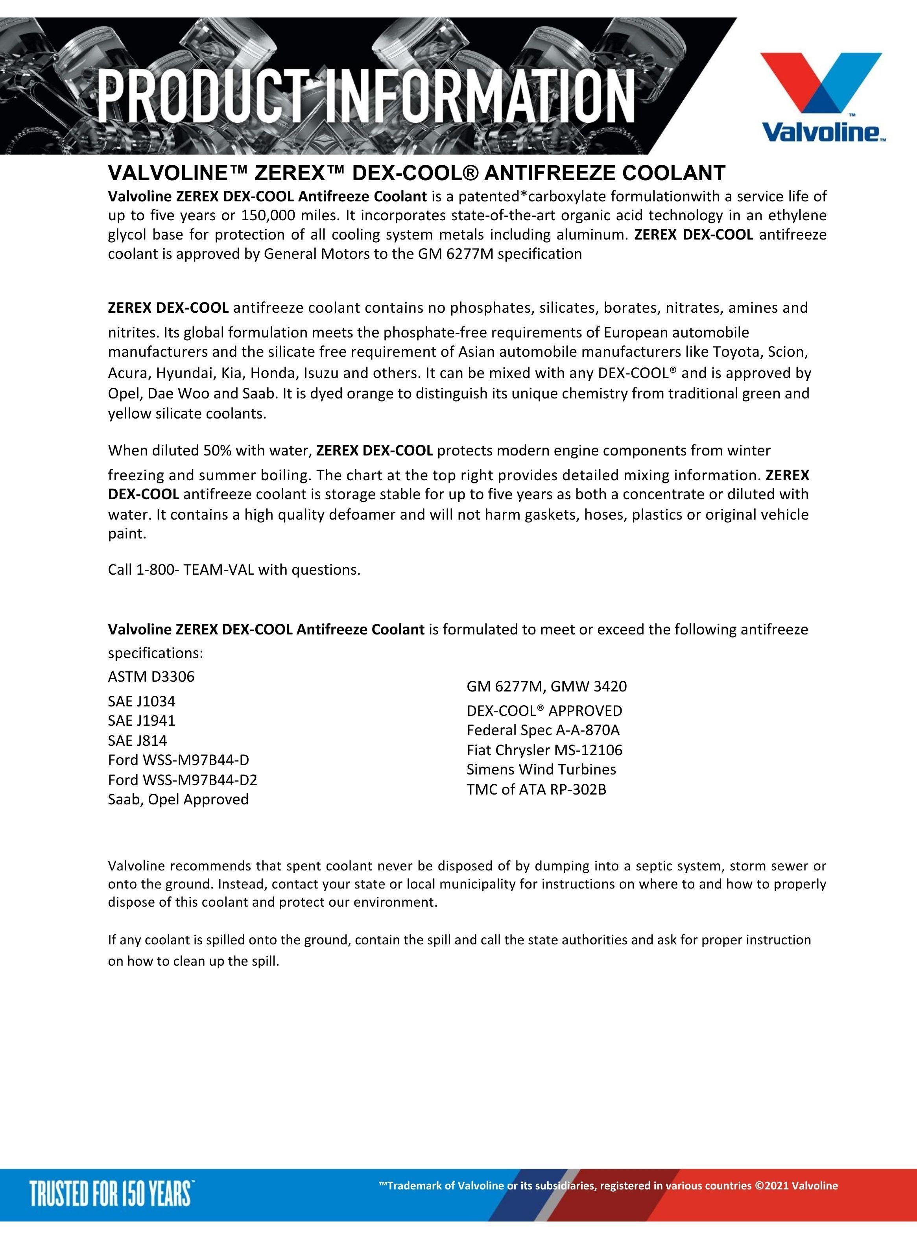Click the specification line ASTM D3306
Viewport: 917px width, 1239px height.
click(x=151, y=677)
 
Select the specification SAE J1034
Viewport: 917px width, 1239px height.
click(x=142, y=701)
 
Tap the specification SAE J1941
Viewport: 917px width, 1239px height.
click(x=142, y=721)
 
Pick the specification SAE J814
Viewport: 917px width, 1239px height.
click(x=138, y=741)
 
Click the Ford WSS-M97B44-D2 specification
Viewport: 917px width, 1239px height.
click(x=183, y=780)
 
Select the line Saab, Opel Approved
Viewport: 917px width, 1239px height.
click(x=178, y=800)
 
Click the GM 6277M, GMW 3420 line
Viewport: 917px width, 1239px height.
click(x=547, y=686)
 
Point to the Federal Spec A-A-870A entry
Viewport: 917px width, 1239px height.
click(x=543, y=730)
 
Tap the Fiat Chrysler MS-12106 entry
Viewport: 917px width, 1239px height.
click(x=544, y=750)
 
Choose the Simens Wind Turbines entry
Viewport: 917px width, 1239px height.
click(x=541, y=770)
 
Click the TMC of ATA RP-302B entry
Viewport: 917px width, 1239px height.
click(x=536, y=789)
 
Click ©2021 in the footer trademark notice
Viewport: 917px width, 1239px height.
click(x=771, y=1186)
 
